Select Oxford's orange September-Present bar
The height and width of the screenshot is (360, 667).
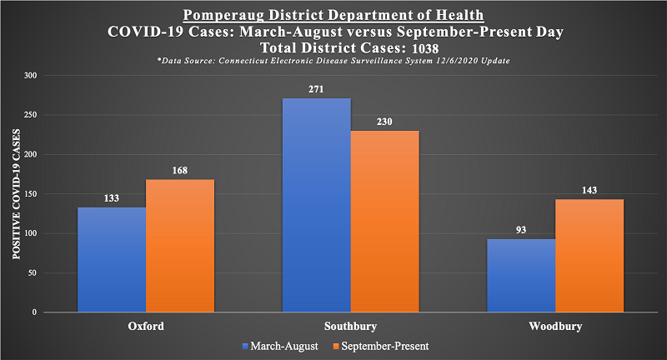[180, 246]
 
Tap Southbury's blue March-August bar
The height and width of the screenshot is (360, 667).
[316, 205]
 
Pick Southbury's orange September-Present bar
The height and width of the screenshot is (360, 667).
[384, 221]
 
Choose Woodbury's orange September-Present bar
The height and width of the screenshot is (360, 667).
[589, 256]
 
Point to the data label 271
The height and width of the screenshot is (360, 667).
[316, 88]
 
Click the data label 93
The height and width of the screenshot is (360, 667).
[521, 229]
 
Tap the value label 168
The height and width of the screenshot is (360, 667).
[180, 170]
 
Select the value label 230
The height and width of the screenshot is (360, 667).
[384, 121]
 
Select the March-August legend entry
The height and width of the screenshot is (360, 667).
[280, 345]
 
